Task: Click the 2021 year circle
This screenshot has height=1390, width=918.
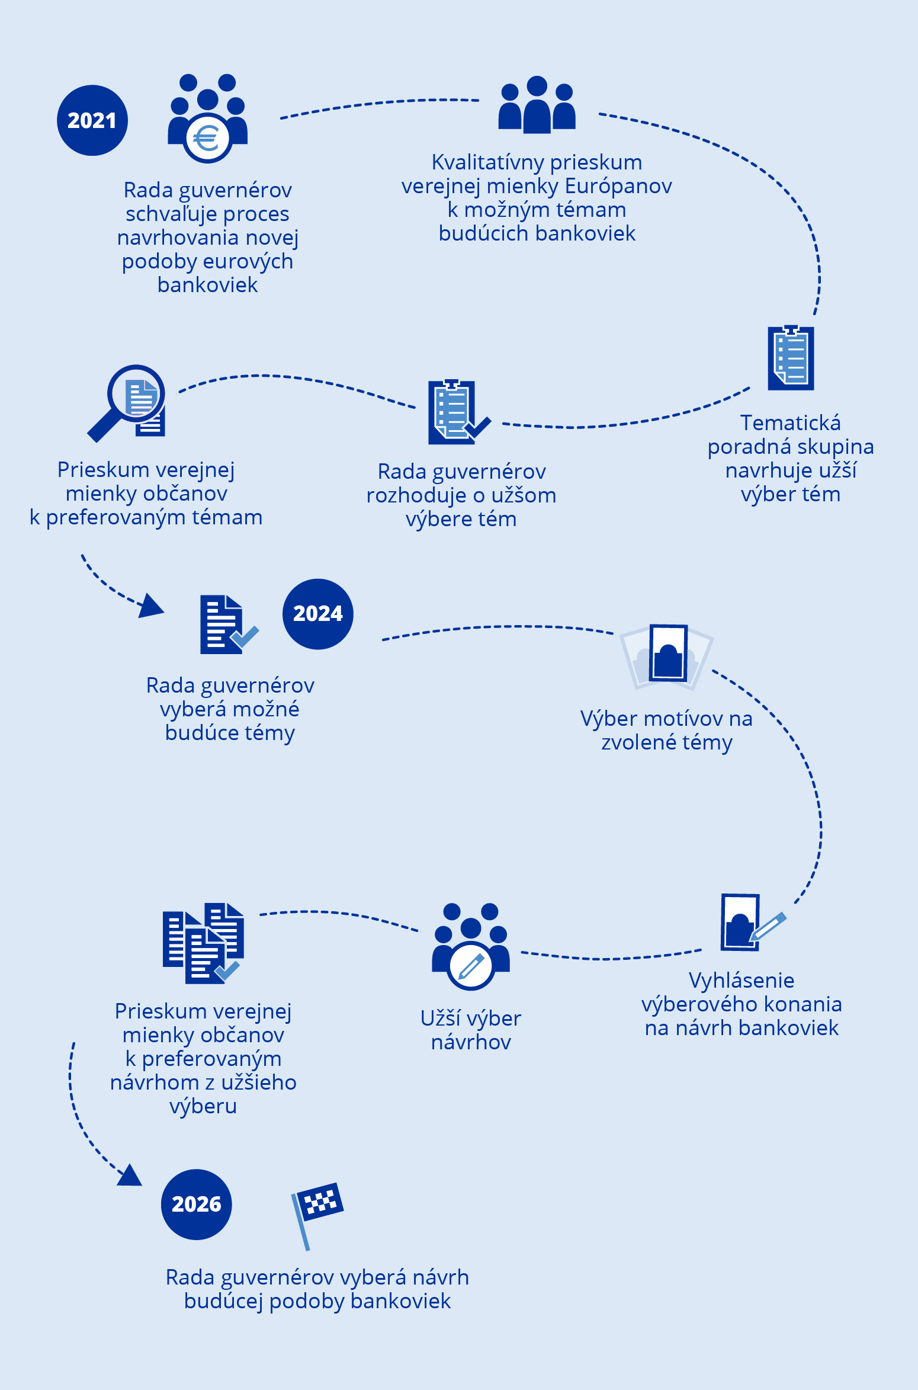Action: tap(92, 120)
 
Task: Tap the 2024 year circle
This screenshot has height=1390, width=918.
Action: tap(317, 614)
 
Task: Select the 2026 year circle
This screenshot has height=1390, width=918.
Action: tap(196, 1204)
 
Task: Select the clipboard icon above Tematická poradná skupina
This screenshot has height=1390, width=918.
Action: tap(791, 357)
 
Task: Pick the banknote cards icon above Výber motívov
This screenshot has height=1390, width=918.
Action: tap(667, 655)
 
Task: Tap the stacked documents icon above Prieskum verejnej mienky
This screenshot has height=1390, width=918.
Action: tap(204, 943)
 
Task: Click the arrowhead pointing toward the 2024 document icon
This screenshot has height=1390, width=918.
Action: tap(151, 606)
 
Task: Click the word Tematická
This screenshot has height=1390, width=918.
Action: tap(790, 423)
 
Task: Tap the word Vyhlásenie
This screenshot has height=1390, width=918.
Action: tap(742, 981)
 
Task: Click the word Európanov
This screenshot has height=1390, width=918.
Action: tap(618, 186)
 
